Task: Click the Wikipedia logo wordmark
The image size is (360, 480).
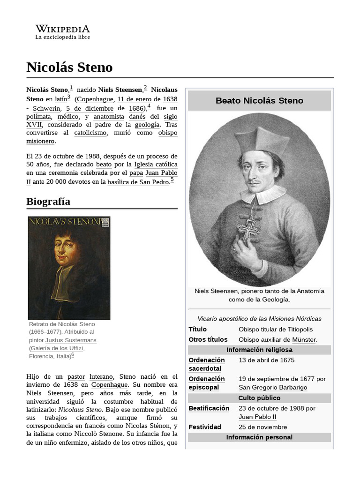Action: [62, 29]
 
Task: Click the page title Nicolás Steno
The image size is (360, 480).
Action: [69, 67]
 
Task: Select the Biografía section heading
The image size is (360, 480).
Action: [48, 202]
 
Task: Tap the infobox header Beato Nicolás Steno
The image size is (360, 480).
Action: [259, 101]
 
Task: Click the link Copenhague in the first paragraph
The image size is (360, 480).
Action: [94, 99]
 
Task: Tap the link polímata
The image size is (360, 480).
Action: [39, 117]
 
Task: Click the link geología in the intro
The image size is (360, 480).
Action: [147, 125]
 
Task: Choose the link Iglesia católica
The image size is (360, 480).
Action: [156, 165]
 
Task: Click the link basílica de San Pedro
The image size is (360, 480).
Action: [138, 182]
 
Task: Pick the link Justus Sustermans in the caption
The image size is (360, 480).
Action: [71, 340]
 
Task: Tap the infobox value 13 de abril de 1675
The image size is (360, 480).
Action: [266, 360]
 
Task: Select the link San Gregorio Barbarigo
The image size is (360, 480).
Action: [273, 388]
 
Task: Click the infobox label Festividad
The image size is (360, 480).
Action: [205, 427]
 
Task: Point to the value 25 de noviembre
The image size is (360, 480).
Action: [262, 427]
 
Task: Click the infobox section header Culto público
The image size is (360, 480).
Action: [259, 398]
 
